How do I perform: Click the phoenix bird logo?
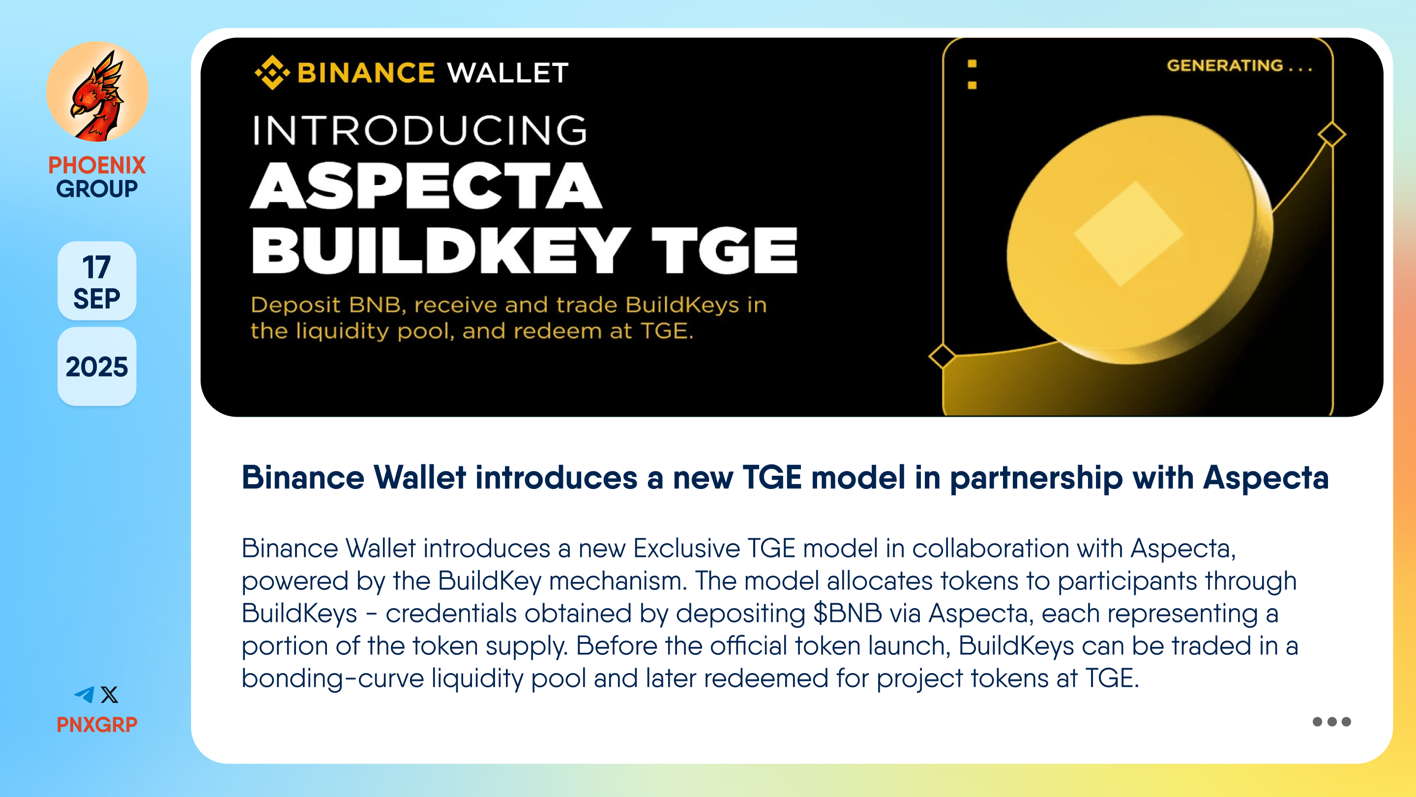pos(97,92)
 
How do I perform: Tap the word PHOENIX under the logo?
pos(97,165)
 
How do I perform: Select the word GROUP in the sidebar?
pos(97,188)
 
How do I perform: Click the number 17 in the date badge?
pos(96,267)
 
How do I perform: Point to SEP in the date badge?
pos(97,299)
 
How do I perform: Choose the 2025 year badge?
pos(97,367)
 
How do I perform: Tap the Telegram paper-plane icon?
pos(84,695)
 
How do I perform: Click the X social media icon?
pos(109,695)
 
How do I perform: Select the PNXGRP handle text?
pos(97,724)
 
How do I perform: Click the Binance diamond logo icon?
pos(272,72)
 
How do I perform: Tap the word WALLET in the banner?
pos(508,73)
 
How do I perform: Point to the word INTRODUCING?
pos(419,130)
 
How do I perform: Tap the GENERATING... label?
pos(1239,65)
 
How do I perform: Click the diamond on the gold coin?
pos(1128,234)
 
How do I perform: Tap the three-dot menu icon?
pos(1331,722)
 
